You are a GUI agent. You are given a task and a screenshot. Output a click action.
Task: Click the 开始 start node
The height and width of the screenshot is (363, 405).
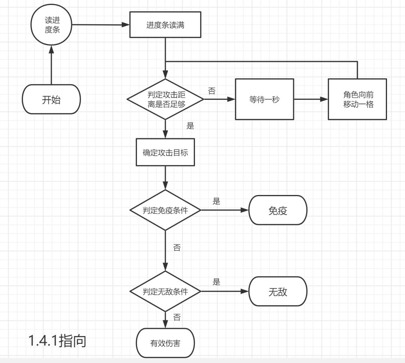(x=51, y=99)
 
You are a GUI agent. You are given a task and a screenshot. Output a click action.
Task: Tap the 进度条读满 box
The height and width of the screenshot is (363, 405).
(x=165, y=26)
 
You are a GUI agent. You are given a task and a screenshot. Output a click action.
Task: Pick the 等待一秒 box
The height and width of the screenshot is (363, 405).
(x=264, y=99)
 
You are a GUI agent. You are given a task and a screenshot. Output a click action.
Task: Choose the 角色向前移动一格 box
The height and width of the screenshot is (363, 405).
(x=357, y=99)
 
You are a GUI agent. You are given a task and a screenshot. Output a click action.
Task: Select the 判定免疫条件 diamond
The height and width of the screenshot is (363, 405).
(x=165, y=210)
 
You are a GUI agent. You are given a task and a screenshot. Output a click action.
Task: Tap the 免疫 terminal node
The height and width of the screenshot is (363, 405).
(x=278, y=210)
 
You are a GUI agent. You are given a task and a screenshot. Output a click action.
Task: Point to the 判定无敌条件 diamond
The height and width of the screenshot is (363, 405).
(x=165, y=291)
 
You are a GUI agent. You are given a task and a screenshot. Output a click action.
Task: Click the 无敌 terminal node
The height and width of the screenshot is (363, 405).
(x=278, y=291)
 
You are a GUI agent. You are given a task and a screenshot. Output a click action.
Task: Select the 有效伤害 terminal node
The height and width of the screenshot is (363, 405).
(x=165, y=343)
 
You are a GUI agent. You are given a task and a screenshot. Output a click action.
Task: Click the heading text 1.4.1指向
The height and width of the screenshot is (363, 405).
(x=57, y=340)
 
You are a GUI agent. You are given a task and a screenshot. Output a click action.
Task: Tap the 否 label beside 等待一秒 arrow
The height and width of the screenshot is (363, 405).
(x=211, y=91)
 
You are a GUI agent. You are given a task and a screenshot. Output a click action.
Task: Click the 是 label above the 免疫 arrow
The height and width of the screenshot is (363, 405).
(x=216, y=201)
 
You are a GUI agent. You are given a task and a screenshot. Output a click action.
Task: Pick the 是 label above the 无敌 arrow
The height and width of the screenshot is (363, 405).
(x=216, y=282)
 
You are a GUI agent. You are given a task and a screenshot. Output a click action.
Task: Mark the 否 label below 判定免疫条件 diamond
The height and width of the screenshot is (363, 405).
(x=177, y=247)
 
